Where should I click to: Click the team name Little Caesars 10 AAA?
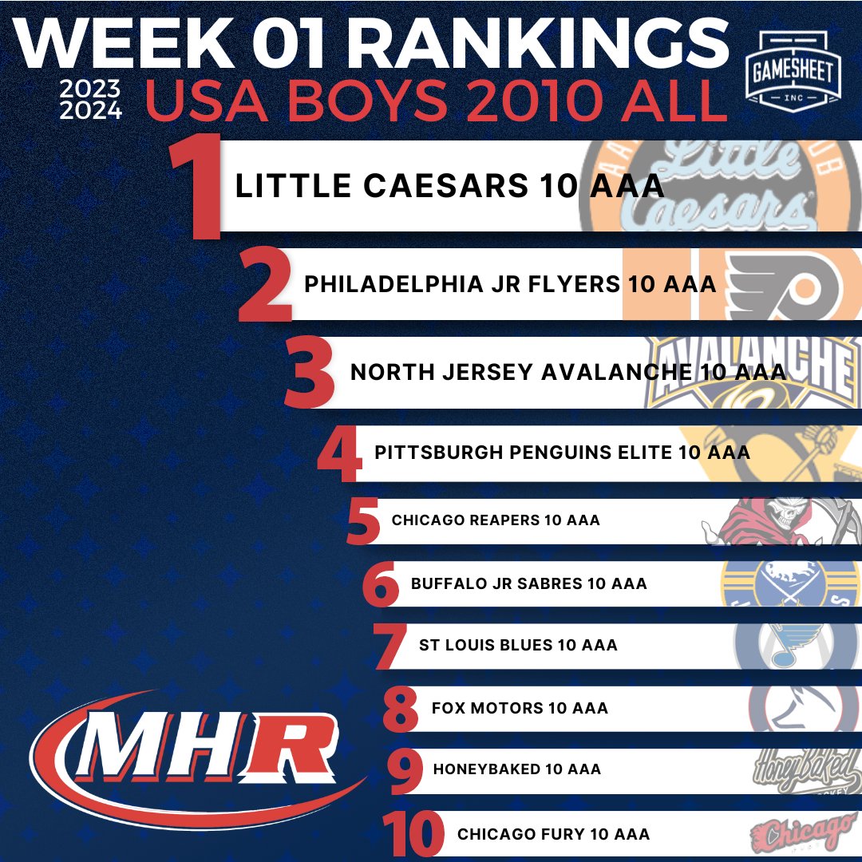[449, 187]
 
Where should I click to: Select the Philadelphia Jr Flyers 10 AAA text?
[510, 284]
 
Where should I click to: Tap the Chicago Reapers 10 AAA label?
[496, 520]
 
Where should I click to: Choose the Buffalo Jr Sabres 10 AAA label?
[528, 583]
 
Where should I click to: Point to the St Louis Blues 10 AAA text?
[518, 645]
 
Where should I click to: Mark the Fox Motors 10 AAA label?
[520, 708]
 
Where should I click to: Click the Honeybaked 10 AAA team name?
[516, 769]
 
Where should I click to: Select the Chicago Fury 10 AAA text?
[553, 834]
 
